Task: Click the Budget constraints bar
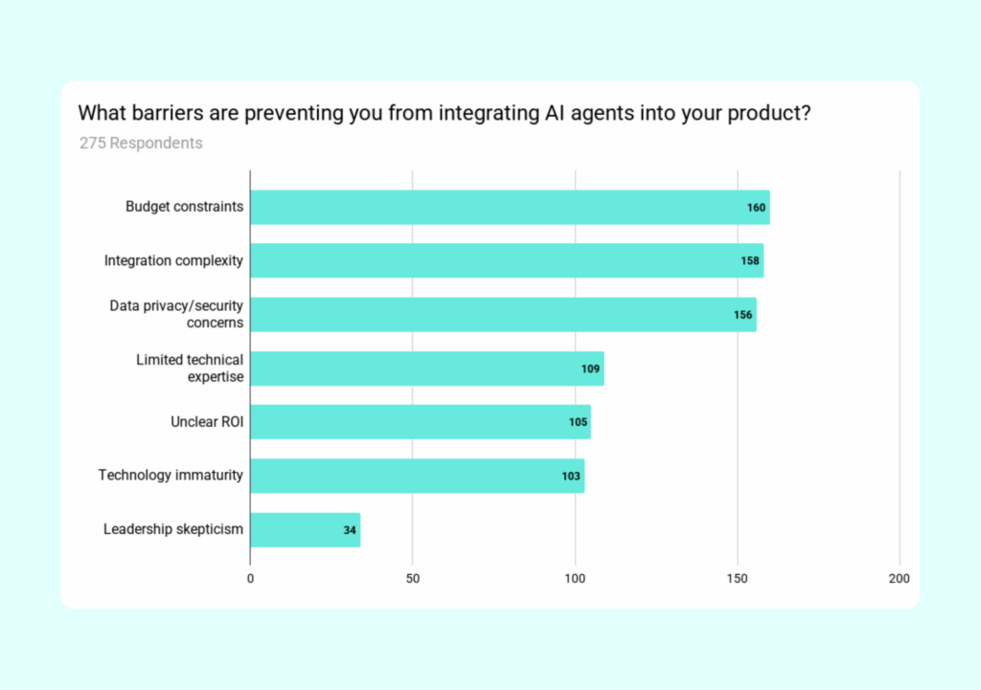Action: pos(509,207)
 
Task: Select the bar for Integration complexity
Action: pos(506,260)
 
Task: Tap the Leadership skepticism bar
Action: pos(305,529)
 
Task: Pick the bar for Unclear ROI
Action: pos(420,422)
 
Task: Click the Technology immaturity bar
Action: pos(417,476)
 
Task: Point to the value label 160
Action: pos(756,208)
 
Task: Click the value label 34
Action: pos(350,530)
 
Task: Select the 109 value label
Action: pos(590,368)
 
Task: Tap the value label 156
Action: pos(742,315)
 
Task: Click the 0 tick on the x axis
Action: pos(250,578)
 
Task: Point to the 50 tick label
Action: pos(412,578)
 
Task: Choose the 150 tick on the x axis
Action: pos(737,578)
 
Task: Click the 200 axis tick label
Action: pos(899,578)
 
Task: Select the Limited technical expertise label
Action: pos(190,367)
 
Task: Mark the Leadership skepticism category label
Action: pos(173,529)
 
